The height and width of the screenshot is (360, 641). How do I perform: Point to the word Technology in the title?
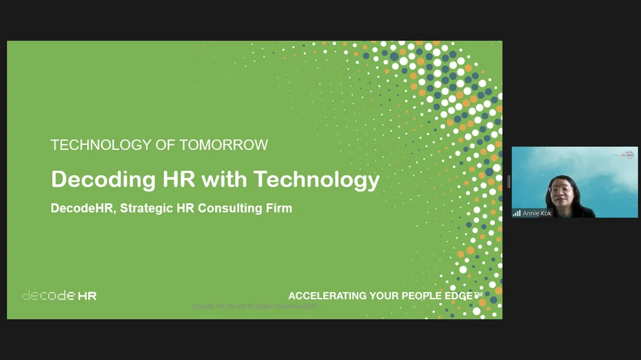click(x=317, y=179)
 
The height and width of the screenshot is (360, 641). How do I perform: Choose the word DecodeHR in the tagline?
click(x=78, y=208)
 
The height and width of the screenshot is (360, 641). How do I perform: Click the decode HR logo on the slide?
click(x=59, y=296)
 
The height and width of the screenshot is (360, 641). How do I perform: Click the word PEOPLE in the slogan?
click(x=425, y=296)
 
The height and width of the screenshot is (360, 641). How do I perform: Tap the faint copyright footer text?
click(x=254, y=307)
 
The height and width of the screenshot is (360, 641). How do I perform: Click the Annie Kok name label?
click(x=537, y=213)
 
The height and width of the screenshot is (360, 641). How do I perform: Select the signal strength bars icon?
click(x=517, y=213)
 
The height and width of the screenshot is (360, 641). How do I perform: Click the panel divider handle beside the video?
click(x=508, y=182)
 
